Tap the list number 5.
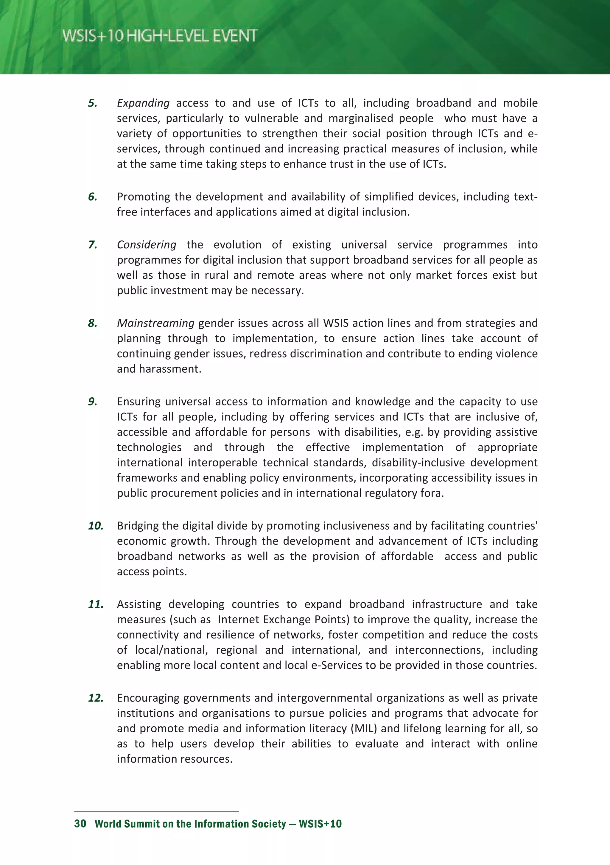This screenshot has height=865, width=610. (92, 103)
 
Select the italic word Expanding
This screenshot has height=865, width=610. (143, 103)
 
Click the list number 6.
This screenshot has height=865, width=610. (92, 197)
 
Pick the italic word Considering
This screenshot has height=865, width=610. (146, 245)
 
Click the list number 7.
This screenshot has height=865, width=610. (92, 245)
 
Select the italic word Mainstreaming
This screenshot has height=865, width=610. (155, 323)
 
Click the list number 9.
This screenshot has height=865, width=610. (92, 402)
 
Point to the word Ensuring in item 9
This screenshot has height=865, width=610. (139, 402)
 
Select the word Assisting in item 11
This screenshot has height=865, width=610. (139, 604)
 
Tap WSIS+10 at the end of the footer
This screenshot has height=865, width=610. (320, 824)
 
